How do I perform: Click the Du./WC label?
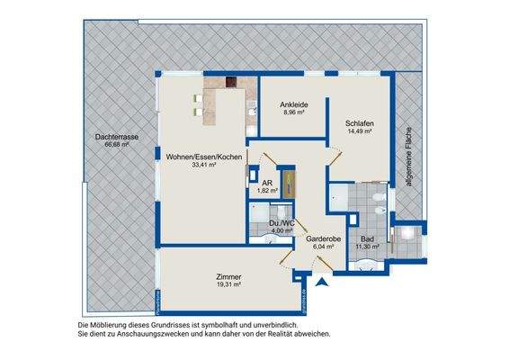pyautogui.click(x=282, y=221)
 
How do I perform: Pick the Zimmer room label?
pyautogui.click(x=229, y=276)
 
